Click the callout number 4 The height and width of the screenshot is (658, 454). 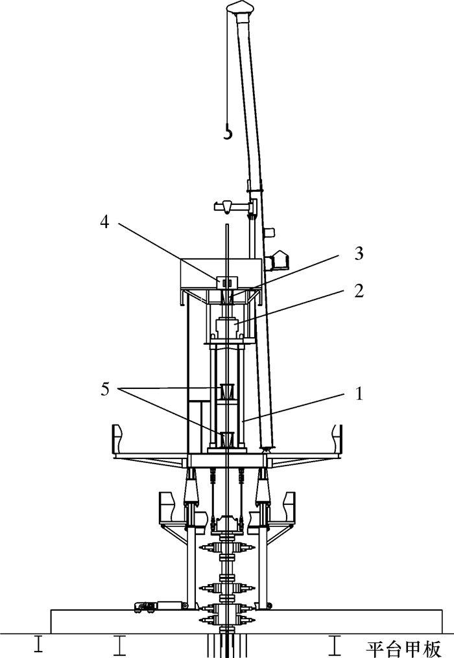click(x=104, y=222)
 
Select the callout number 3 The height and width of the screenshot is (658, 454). click(x=358, y=253)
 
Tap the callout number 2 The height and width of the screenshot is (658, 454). click(x=358, y=290)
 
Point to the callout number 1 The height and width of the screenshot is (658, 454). click(x=359, y=394)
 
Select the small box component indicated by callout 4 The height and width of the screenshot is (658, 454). click(x=227, y=283)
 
